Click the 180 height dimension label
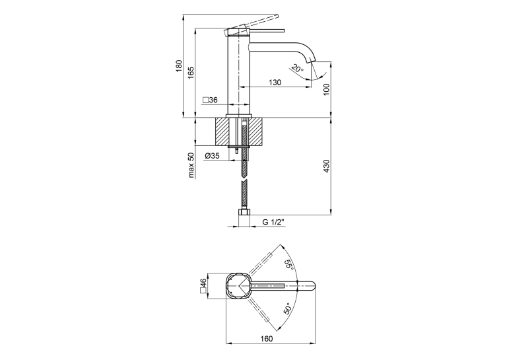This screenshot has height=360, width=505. tap(179, 66)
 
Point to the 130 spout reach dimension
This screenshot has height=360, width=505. tap(275, 83)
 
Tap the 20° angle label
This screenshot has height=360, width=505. tap(297, 69)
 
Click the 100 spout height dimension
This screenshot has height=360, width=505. tap(327, 89)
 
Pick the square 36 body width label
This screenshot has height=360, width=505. tap(210, 100)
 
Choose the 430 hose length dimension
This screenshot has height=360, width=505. tap(327, 166)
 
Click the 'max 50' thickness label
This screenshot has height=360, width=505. tap(191, 165)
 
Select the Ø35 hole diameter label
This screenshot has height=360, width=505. tap(212, 156)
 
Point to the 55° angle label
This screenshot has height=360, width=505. tap(288, 266)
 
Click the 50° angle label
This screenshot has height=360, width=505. tap(288, 308)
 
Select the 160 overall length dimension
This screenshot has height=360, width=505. tap(267, 339)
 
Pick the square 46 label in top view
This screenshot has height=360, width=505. tap(203, 286)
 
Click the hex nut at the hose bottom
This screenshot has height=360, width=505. tap(244, 213)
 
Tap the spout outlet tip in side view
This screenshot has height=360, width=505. tap(312, 60)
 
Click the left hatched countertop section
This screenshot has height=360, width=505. tap(222, 132)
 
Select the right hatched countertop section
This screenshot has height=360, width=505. tap(256, 132)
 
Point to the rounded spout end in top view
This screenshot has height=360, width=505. tap(312, 286)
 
